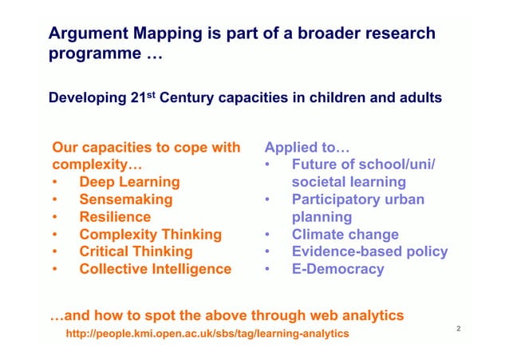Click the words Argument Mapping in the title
119,34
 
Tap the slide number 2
460,328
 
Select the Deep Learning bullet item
129,182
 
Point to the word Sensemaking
125,200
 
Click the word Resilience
115,216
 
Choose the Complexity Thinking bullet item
150,234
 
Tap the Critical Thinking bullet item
136,251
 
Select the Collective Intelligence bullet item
155,269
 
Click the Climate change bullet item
345,235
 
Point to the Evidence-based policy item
369,251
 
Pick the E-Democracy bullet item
337,269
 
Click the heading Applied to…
307,148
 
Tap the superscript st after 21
153,95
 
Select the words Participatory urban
357,200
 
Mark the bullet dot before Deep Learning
55,183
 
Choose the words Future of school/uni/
363,165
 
